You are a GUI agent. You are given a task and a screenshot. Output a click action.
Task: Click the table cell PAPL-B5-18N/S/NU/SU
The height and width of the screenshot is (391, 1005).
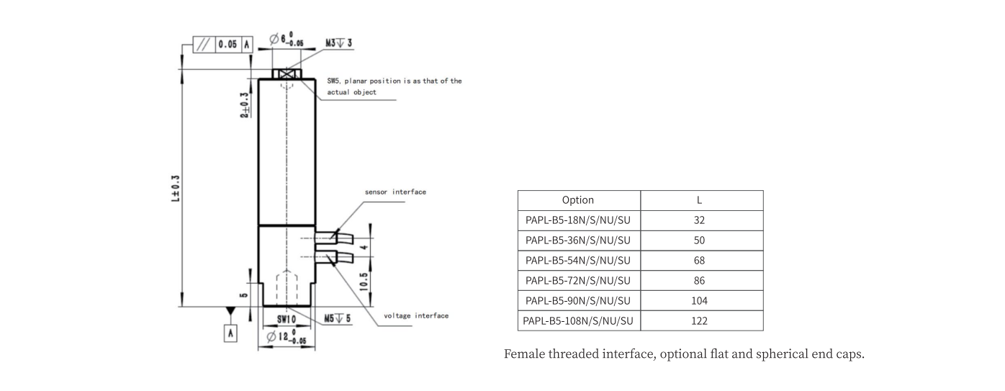pyautogui.click(x=578, y=220)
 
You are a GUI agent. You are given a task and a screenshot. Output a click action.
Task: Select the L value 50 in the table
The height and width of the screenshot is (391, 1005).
pyautogui.click(x=699, y=241)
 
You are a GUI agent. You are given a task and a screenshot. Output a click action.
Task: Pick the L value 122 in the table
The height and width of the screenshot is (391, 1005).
pyautogui.click(x=699, y=321)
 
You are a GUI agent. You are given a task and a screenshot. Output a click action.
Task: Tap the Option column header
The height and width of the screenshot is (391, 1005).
pyautogui.click(x=578, y=200)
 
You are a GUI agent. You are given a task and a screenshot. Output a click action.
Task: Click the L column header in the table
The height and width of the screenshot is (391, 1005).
pyautogui.click(x=699, y=200)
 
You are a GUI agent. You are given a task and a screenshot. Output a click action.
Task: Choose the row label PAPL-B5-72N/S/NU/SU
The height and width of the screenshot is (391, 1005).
pyautogui.click(x=578, y=281)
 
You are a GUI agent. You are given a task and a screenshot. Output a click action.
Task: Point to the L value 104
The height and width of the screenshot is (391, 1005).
pyautogui.click(x=699, y=301)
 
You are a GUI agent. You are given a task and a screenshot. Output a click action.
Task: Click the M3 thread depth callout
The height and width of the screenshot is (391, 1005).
pyautogui.click(x=338, y=43)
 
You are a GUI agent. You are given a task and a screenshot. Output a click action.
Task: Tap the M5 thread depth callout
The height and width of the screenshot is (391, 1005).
pyautogui.click(x=337, y=318)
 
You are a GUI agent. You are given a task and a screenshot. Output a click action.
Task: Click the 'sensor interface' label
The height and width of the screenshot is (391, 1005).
pyautogui.click(x=395, y=192)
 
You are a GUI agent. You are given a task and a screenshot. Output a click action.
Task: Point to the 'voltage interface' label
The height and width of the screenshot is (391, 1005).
pyautogui.click(x=416, y=315)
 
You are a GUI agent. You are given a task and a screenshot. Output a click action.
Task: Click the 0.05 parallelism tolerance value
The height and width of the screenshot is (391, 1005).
pyautogui.click(x=227, y=44)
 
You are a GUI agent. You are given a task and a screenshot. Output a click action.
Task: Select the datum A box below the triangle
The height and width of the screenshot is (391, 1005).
pyautogui.click(x=230, y=333)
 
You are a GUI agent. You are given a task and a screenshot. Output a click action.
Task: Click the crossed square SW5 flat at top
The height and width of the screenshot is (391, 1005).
pyautogui.click(x=287, y=74)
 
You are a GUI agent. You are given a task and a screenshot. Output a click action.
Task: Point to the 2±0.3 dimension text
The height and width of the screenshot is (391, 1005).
pyautogui.click(x=245, y=106)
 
